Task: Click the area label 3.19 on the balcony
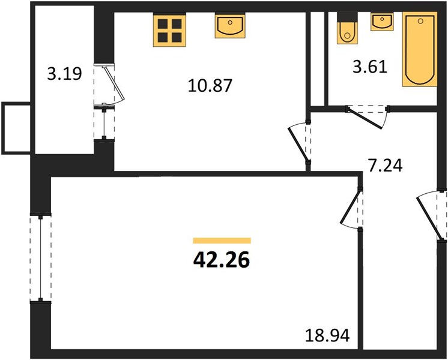click(64, 74)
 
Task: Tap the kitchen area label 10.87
click(210, 86)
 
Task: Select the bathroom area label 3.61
click(370, 68)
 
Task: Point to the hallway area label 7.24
click(385, 166)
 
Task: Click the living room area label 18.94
click(327, 335)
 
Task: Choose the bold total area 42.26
click(222, 260)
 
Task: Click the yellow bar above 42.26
click(222, 241)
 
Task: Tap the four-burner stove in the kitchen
click(170, 31)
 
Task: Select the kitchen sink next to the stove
click(230, 26)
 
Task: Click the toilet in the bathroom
click(347, 28)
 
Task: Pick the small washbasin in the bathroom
click(382, 22)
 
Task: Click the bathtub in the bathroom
click(420, 49)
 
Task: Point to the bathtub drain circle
click(420, 21)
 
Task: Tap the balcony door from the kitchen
click(110, 85)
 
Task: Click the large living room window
click(41, 257)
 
